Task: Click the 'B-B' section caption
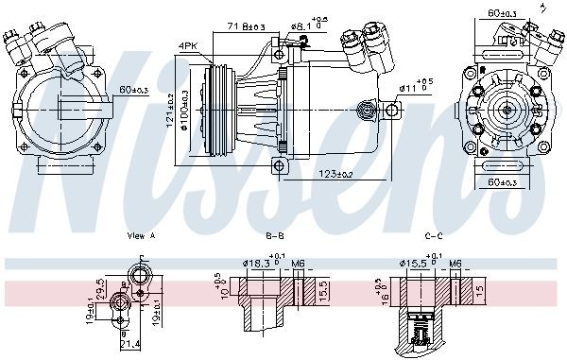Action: click(x=275, y=233)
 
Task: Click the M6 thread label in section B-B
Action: click(x=299, y=265)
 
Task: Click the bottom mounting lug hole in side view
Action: click(x=280, y=166)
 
